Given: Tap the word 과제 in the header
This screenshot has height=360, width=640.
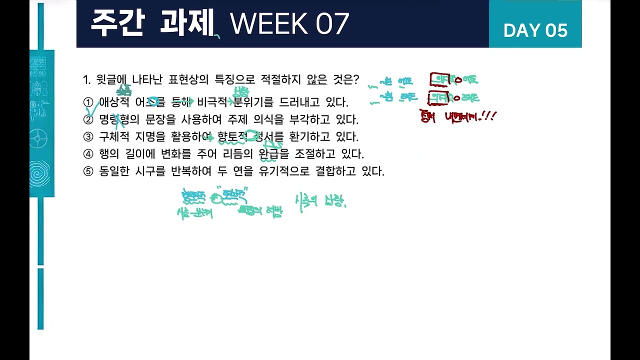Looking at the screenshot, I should coord(186,23).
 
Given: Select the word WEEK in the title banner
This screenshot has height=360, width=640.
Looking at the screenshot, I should coord(268,23).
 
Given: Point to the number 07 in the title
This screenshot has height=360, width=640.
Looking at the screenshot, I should coord(332,23).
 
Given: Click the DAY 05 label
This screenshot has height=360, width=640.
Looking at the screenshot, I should coord(535,30).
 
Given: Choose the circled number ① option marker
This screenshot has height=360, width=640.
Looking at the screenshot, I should coord(88,102).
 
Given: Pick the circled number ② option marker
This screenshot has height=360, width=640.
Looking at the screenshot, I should coord(88,120).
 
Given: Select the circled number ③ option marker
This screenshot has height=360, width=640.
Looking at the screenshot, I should coord(88,137).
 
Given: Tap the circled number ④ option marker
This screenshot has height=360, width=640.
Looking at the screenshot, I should coord(88,154).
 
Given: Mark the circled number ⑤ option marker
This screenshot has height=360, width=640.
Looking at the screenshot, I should coord(88,171).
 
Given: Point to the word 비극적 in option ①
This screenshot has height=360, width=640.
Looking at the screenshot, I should coord(212,102).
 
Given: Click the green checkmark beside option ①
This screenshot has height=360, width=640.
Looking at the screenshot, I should coord(93,110).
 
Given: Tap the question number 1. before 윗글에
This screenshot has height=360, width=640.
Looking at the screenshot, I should coord(86,80).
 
